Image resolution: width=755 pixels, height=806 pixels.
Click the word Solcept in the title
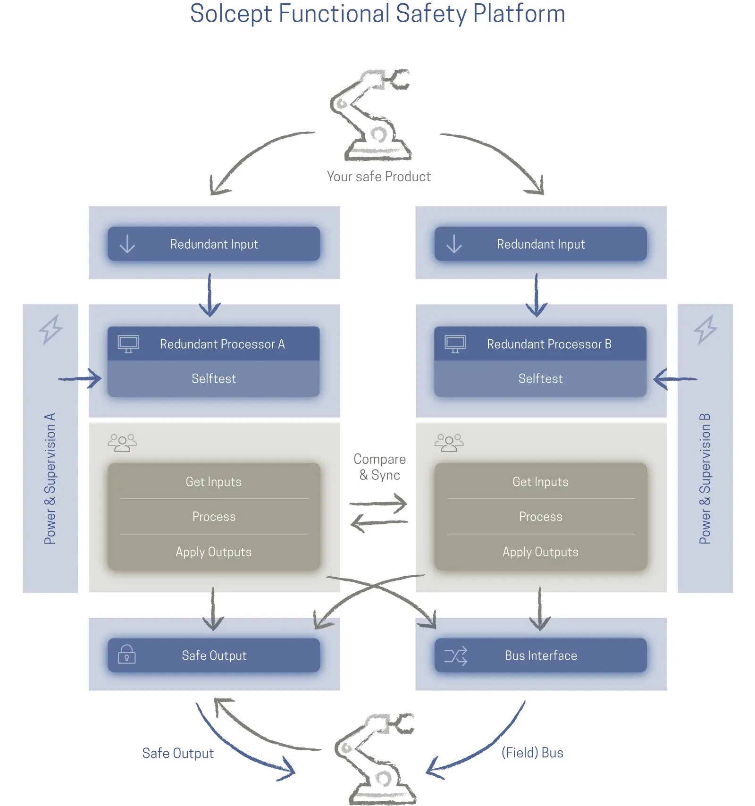tap(231, 14)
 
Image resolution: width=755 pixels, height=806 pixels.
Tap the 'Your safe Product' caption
tap(378, 176)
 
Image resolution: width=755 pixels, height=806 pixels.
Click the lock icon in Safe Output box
tap(126, 655)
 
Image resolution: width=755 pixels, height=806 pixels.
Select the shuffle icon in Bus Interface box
tap(455, 655)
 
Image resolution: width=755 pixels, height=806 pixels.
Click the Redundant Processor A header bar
tap(214, 344)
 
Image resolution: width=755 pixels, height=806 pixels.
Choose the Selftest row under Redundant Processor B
tap(540, 378)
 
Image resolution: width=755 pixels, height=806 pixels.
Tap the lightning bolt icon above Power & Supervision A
tap(50, 329)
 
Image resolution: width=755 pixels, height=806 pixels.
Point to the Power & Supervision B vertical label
tap(705, 479)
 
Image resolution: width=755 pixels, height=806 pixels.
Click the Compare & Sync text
tap(379, 467)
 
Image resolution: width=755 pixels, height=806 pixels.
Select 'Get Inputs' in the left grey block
tap(214, 482)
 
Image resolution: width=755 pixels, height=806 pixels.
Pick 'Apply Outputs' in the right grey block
tap(540, 552)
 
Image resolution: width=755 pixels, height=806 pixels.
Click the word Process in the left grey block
tap(214, 517)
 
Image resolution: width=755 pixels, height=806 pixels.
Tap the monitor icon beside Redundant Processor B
tap(455, 344)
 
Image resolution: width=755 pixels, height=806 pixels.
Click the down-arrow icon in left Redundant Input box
tap(127, 244)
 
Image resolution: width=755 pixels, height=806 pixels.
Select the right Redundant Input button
tap(540, 244)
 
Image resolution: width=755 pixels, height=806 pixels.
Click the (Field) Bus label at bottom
tap(532, 753)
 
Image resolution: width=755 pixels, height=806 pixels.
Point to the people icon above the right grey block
tap(449, 443)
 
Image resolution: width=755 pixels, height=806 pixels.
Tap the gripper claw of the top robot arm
tap(399, 79)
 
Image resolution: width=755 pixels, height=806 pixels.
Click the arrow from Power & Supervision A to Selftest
tap(80, 378)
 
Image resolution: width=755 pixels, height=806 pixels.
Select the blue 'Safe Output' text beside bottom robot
tap(178, 753)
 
